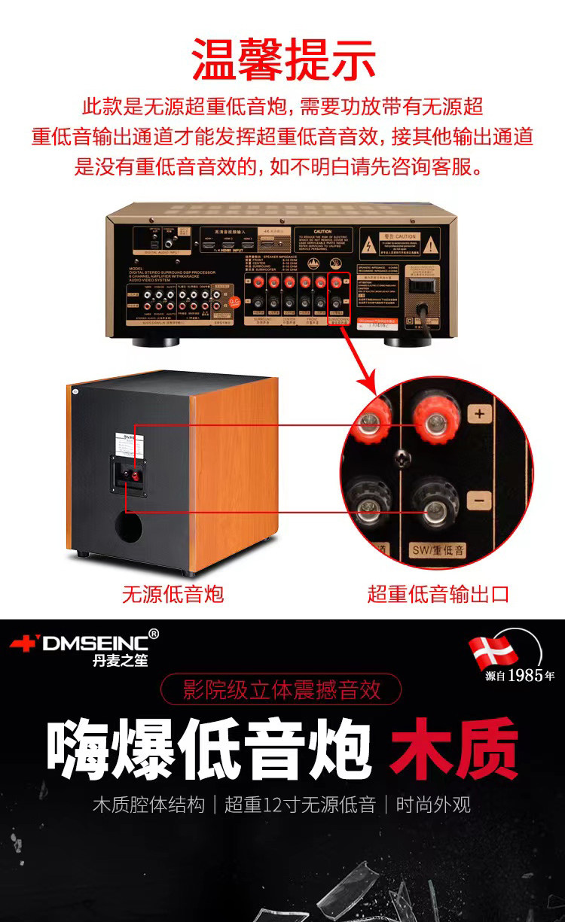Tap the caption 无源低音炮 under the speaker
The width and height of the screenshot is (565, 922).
click(173, 594)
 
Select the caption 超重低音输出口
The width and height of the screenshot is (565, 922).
click(438, 594)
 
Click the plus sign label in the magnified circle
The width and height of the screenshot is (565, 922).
click(480, 412)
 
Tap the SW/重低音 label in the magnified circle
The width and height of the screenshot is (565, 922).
click(438, 550)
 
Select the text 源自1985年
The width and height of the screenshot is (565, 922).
click(520, 675)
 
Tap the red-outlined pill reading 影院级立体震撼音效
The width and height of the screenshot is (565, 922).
click(282, 689)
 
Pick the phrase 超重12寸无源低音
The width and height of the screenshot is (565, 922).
click(300, 805)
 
